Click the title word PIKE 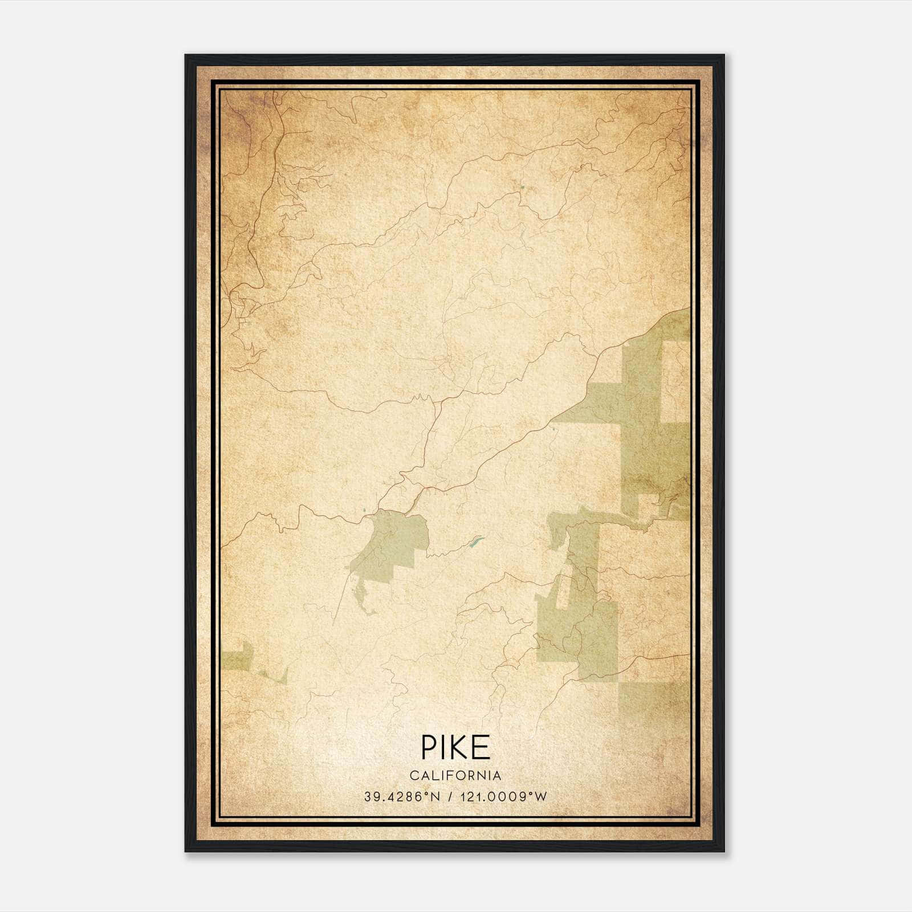(x=455, y=747)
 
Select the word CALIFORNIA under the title (x=455, y=776)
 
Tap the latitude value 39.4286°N (x=402, y=797)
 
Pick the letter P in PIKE (x=427, y=747)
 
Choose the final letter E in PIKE (x=482, y=747)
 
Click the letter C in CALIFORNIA (x=413, y=776)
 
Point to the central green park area (x=393, y=541)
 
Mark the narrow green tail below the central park (x=363, y=598)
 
